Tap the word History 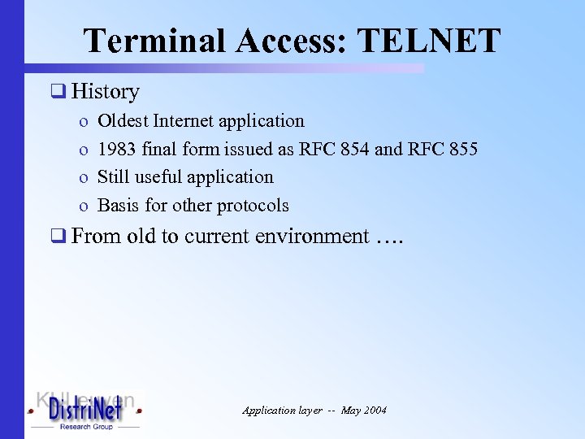click(105, 92)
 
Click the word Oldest click(123, 121)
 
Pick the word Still click(114, 176)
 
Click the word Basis click(118, 205)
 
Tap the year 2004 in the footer click(375, 411)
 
